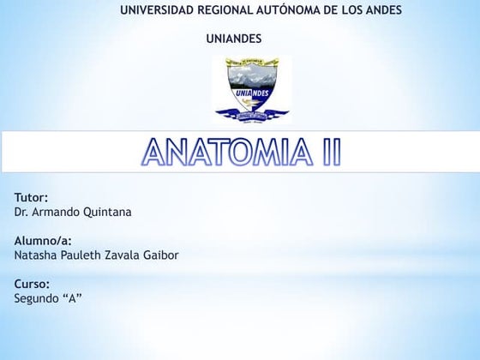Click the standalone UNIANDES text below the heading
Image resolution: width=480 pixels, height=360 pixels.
point(234,39)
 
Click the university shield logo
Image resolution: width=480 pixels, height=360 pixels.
point(252,89)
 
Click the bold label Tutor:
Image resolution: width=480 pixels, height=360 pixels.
point(32,197)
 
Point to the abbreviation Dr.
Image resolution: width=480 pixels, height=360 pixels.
point(21,212)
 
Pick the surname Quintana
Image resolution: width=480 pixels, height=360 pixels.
point(108,212)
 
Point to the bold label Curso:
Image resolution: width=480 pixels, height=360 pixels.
point(32,283)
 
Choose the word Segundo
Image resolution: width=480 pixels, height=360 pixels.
point(37,298)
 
